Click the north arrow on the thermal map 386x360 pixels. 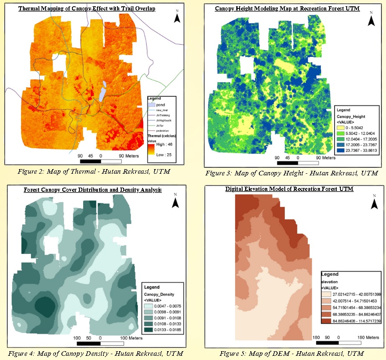pyautogui.click(x=177, y=17)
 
